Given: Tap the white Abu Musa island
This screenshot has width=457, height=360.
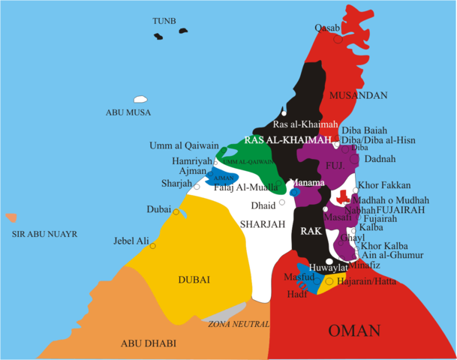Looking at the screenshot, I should pos(140,99).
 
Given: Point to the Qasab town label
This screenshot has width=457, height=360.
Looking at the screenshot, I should pos(328,28).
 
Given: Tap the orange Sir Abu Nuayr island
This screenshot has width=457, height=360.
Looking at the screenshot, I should pos(10,218).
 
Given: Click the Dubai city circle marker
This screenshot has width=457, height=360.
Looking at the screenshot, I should pos(176,212).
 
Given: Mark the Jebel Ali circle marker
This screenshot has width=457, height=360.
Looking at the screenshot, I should pos(153,246).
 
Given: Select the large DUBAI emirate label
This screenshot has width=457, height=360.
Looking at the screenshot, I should pos(194,280).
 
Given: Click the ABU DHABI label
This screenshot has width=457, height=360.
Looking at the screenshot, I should pos(149,343).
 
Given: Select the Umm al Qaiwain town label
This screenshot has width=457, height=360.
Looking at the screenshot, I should pos(184,145).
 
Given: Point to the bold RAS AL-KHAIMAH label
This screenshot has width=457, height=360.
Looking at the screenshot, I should pos(288,140).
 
